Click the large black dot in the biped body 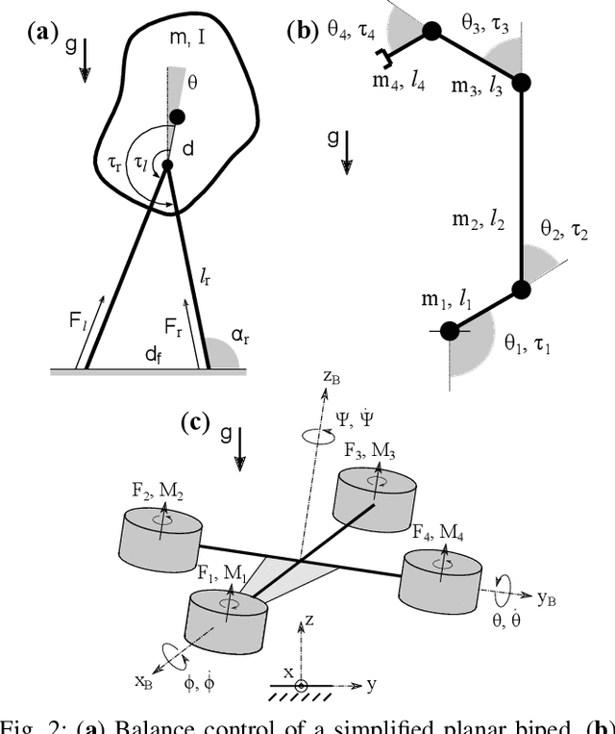[x=177, y=117]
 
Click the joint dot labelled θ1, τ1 [x=450, y=332]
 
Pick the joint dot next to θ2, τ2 [x=521, y=288]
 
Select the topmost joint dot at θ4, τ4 [x=431, y=33]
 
